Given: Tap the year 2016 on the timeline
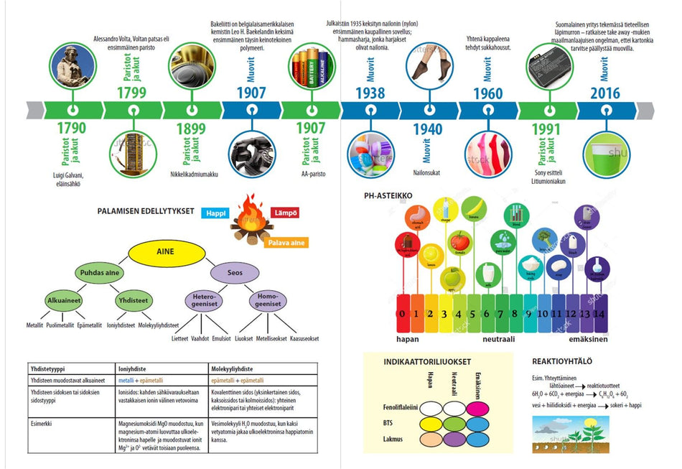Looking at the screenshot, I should (x=605, y=93).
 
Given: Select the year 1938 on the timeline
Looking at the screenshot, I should (x=370, y=93).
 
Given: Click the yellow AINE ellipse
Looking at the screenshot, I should (x=164, y=252).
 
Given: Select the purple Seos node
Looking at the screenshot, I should (x=234, y=273).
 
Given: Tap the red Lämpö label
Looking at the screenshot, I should (x=285, y=213).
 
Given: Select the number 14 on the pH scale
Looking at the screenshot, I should (x=600, y=313).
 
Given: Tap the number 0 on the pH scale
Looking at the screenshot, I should (x=403, y=313).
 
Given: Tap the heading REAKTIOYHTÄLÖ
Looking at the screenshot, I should (x=563, y=361).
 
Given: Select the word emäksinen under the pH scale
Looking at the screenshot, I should (x=588, y=339).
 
